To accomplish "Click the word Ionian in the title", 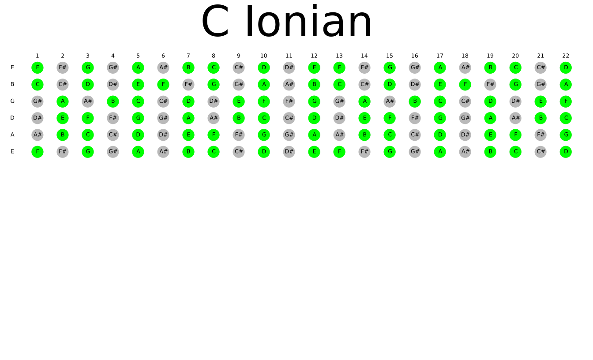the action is (309, 21).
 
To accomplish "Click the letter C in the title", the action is (215, 21).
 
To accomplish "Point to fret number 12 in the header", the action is (314, 56).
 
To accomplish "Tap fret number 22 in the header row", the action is (566, 56).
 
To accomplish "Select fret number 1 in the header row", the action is (38, 56).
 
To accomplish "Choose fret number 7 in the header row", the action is (188, 56).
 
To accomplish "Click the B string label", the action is (12, 84).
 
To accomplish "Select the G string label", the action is (12, 101).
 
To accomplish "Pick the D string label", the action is (12, 118).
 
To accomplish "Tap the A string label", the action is (12, 135).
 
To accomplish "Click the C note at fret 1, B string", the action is (38, 84).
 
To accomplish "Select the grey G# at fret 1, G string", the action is (38, 101).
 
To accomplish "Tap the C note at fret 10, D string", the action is (264, 118).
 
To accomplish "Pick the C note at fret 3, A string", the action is (88, 135).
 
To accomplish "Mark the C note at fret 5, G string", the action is (138, 101).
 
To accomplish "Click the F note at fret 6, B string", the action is (163, 84).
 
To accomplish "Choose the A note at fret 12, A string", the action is (314, 135).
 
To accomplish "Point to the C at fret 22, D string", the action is (566, 118).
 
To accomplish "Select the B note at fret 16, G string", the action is (415, 101).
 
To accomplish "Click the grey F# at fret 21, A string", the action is (540, 135).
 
